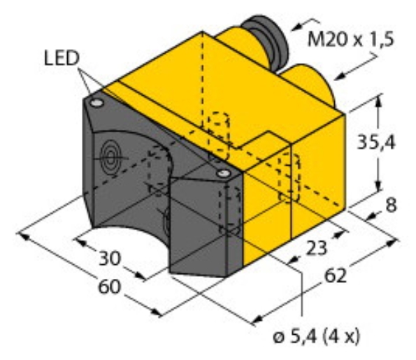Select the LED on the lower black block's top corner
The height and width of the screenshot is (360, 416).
click(x=223, y=172)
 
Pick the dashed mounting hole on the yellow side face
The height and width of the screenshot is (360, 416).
click(x=287, y=175)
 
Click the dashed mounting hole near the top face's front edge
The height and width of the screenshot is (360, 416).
click(x=218, y=129)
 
